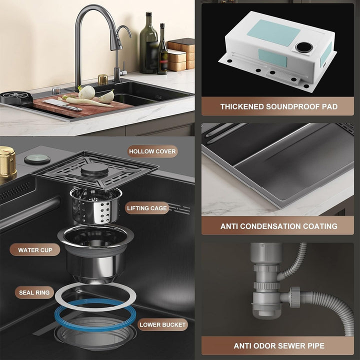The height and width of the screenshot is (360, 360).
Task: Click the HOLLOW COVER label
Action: click(152, 151)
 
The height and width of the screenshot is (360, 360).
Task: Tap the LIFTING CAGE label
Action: click(147, 208)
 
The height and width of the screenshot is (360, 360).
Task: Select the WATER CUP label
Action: click(35, 250)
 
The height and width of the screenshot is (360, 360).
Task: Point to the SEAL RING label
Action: click(34, 292)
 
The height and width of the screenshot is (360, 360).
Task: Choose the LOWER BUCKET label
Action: click(162, 324)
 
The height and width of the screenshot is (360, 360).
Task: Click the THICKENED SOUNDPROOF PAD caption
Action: click(278, 106)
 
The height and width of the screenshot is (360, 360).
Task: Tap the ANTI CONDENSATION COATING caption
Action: click(278, 226)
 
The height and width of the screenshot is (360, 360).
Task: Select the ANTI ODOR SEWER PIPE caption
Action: click(279, 346)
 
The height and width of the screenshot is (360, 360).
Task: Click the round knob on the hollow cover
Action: click(94, 169)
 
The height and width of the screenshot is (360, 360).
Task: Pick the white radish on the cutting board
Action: click(86, 93)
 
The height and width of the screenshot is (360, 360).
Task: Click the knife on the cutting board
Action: click(62, 104)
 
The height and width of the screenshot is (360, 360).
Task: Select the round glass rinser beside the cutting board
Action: click(17, 97)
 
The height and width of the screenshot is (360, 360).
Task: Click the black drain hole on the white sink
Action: click(304, 47)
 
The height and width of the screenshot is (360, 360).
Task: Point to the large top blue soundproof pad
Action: click(273, 32)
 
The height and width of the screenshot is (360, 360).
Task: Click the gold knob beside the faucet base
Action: click(102, 79)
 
